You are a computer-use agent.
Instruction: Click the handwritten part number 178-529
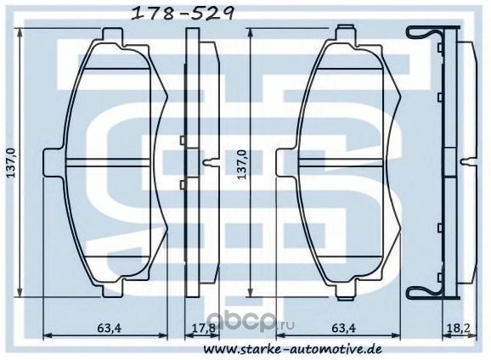point(183,13)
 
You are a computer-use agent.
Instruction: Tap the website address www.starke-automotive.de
point(293,349)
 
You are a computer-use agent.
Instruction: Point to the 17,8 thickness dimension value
point(203,328)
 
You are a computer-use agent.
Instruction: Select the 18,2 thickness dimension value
point(458,328)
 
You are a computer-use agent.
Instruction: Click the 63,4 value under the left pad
point(109,328)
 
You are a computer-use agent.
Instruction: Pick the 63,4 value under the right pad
point(344,328)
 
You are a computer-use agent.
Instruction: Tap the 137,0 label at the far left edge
point(11,163)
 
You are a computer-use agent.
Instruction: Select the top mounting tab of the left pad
point(112,36)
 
